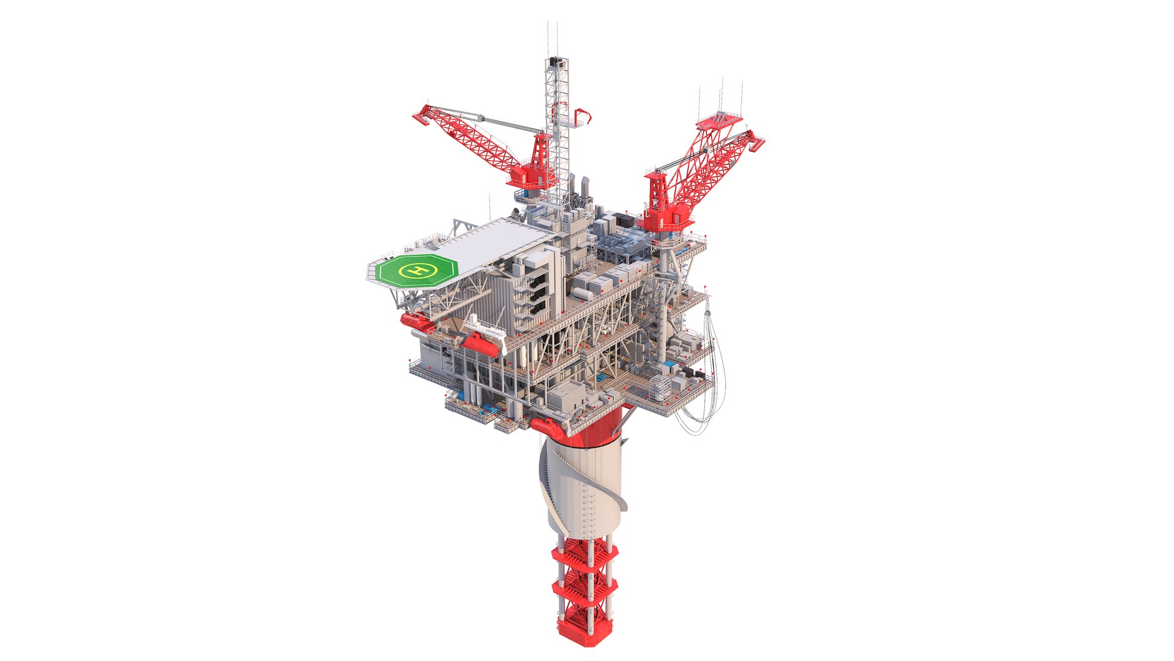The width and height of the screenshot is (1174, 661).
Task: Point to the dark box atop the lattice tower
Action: click(556, 62)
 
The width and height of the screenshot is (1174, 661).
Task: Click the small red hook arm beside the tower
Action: click(583, 116)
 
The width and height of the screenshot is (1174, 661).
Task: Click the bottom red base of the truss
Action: click(584, 628)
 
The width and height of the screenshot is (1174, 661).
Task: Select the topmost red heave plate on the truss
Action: click(584, 551)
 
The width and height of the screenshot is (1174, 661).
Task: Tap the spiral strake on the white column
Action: click(550, 484)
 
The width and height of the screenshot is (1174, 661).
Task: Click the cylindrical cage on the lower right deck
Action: click(659, 387)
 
